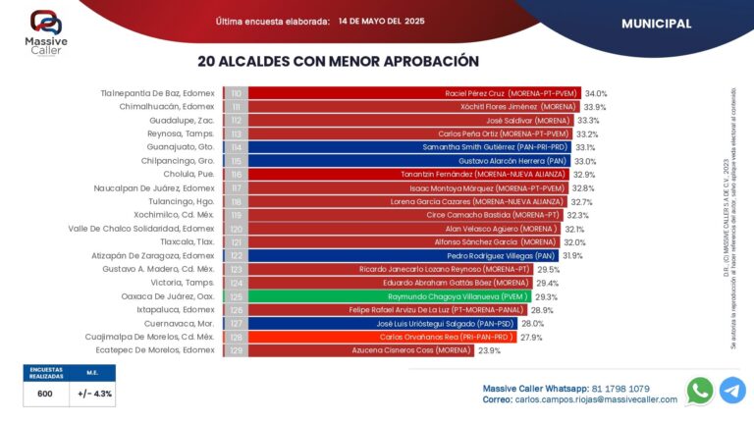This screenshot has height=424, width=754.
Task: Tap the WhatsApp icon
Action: tap(700, 391)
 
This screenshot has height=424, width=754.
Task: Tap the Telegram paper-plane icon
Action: tap(732, 391)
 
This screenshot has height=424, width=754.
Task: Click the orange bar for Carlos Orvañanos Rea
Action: tap(383, 337)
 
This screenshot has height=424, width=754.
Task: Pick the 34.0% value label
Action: tap(596, 93)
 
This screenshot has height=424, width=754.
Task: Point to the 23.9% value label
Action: tap(489, 350)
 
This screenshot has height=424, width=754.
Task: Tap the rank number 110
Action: tap(236, 93)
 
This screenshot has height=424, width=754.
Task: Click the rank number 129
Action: tap(236, 350)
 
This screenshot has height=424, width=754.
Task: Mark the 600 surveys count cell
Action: tap(44, 393)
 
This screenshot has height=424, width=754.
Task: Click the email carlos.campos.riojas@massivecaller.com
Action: tap(595, 400)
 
